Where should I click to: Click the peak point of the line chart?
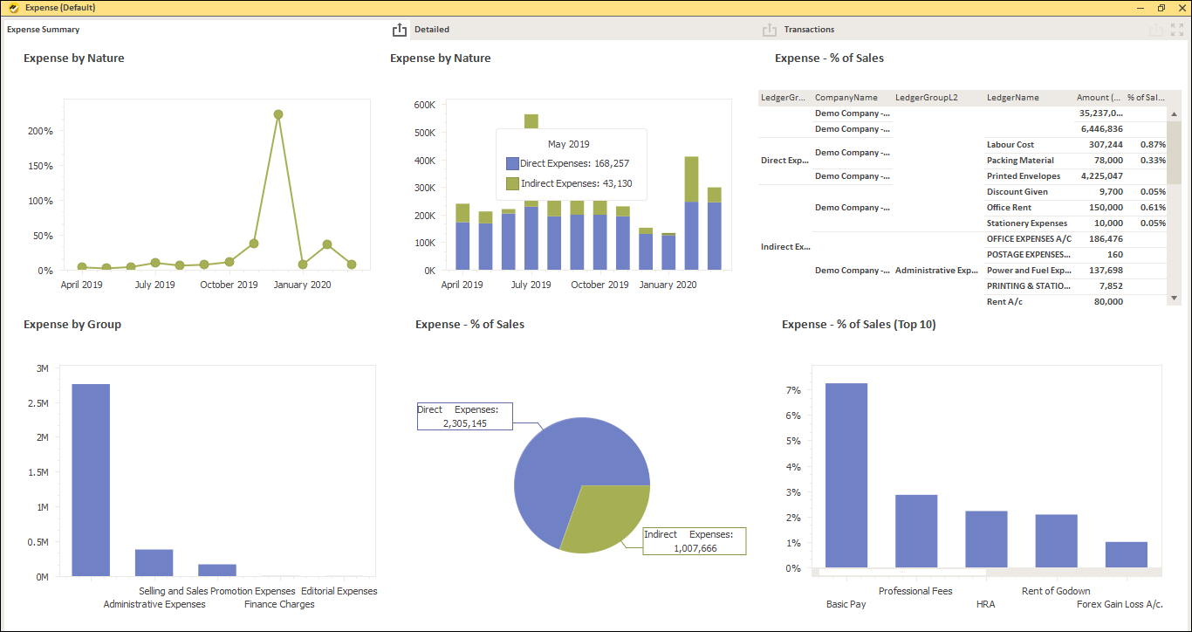click(x=278, y=114)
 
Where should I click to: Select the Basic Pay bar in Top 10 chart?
click(x=846, y=476)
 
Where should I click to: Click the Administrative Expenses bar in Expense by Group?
click(x=154, y=563)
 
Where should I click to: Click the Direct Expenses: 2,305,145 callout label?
click(x=464, y=416)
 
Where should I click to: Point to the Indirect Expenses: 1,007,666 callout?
click(x=695, y=541)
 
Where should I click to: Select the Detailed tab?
click(x=432, y=30)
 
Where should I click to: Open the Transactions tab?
click(x=809, y=30)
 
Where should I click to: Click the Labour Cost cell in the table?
click(x=1010, y=145)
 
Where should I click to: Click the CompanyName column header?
click(x=846, y=98)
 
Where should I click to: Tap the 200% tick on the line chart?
click(x=41, y=131)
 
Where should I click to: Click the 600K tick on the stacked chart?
click(x=424, y=105)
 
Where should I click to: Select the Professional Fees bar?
click(x=916, y=532)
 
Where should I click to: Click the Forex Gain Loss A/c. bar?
click(x=1126, y=555)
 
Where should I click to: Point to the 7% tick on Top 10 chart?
click(x=793, y=390)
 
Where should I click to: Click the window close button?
click(x=1181, y=8)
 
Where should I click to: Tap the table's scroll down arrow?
click(x=1174, y=299)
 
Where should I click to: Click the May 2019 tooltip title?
click(x=568, y=144)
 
